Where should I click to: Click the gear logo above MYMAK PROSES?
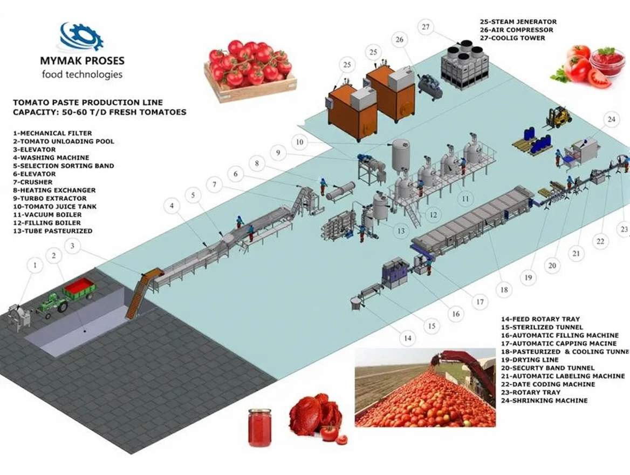coord(81,37)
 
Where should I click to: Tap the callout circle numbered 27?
coord(427,28)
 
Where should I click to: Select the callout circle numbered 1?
coord(35,265)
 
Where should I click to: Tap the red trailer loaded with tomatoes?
coord(79,289)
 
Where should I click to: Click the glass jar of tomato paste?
coord(259,427)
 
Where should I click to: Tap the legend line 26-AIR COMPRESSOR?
coord(516,30)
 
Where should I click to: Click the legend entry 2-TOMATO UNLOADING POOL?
coord(63,141)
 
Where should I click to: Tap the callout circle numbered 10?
coord(300,142)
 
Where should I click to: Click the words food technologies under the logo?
coord(82,74)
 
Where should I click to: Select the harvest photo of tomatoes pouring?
coord(425,387)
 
